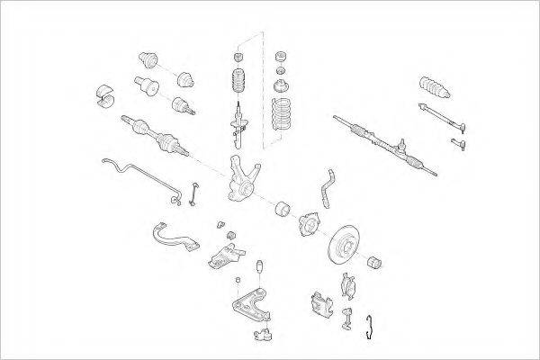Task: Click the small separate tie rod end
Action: (459, 142)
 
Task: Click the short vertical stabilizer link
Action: (194, 193)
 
